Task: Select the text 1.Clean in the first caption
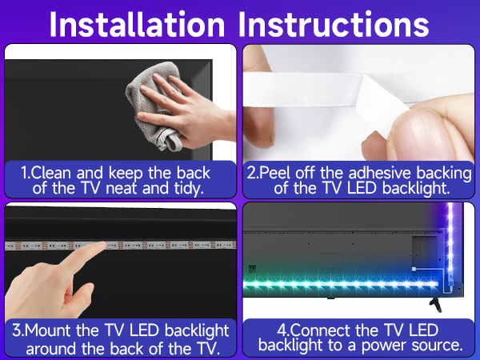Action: pos(50,173)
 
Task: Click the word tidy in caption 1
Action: pos(180,189)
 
